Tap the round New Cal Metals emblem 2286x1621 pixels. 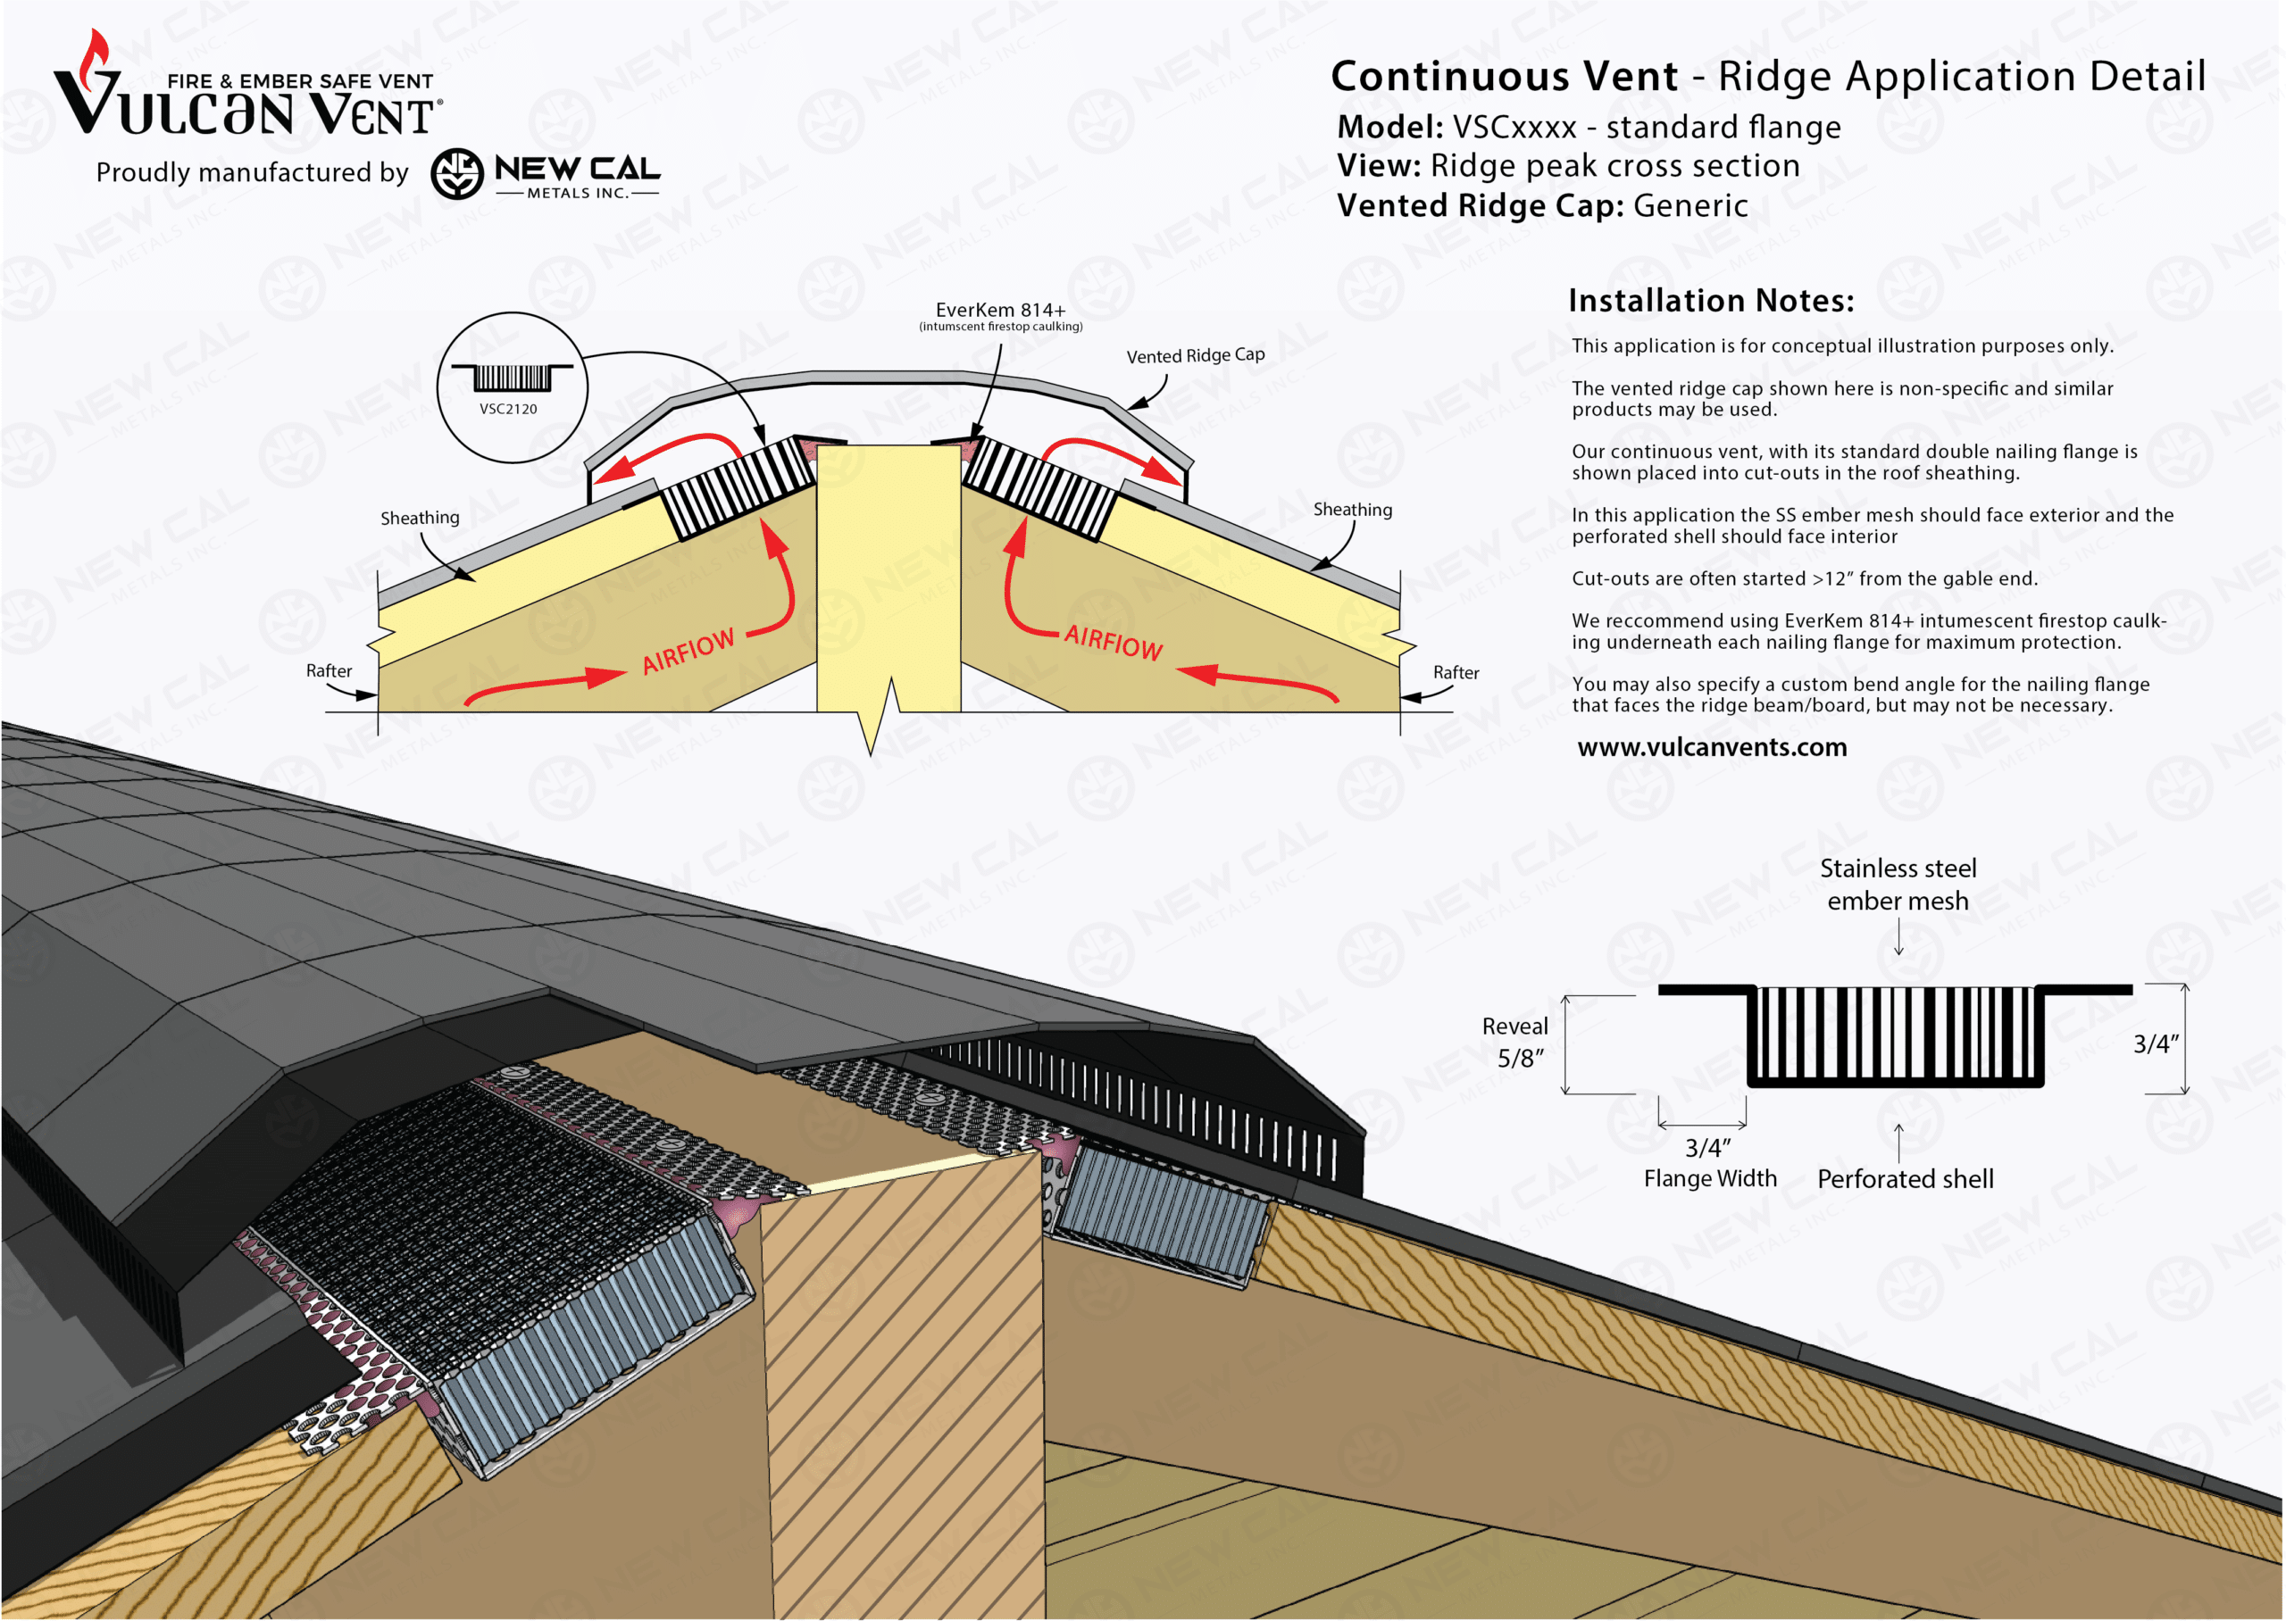click(457, 174)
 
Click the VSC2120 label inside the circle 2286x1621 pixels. click(508, 408)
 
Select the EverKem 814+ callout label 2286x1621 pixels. click(1000, 311)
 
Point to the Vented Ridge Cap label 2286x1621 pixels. click(1195, 355)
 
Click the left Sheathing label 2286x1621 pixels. click(420, 518)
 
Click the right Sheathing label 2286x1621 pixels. click(1352, 510)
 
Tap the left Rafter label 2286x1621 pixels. click(329, 670)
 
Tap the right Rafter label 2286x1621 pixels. click(1456, 673)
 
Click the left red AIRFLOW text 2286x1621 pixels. click(688, 651)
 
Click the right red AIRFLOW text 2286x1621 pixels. click(1113, 642)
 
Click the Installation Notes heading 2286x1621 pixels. click(1710, 301)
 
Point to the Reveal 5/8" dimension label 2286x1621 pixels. click(1516, 1042)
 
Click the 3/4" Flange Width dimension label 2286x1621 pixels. click(1709, 1163)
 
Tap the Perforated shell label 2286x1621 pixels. click(1905, 1179)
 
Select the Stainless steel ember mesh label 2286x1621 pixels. click(1898, 885)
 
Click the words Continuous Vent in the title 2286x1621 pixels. click(1505, 77)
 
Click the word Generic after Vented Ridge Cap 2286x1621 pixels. click(1690, 205)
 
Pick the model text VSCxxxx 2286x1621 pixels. click(1514, 128)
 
